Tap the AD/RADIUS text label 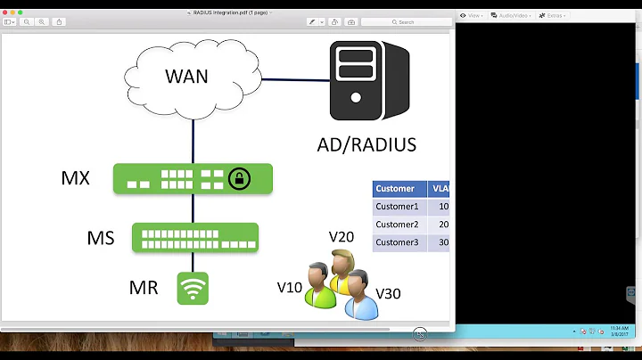[366, 144]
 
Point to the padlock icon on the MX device [238, 178]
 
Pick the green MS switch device [195, 238]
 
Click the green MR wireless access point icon [193, 288]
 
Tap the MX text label [75, 177]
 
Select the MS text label [100, 238]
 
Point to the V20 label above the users [342, 236]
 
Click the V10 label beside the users [290, 287]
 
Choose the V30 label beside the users [389, 293]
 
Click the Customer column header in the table [395, 189]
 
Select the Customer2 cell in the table [397, 225]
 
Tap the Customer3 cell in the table [397, 242]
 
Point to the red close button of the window [6, 12]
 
